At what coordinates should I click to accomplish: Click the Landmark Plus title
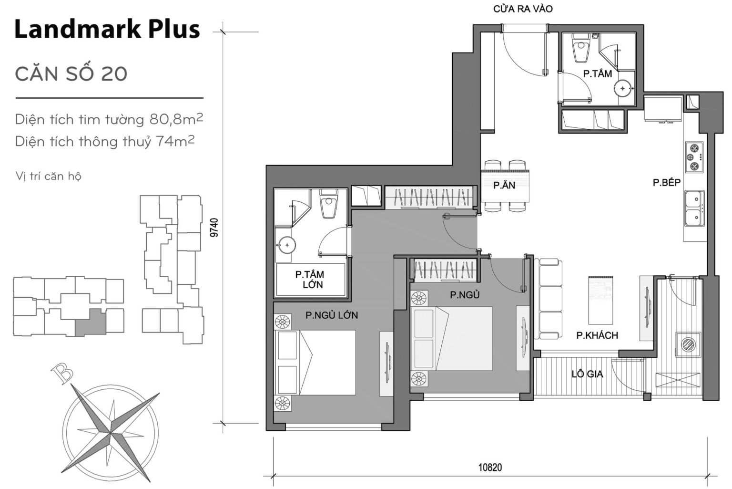click(x=107, y=29)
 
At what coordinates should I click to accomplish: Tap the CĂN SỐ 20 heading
click(x=71, y=74)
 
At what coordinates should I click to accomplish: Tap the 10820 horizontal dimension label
click(x=490, y=468)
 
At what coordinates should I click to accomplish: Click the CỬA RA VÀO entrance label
click(x=523, y=9)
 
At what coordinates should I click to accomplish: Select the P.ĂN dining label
click(x=504, y=185)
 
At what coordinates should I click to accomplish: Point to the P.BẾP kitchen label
click(x=666, y=182)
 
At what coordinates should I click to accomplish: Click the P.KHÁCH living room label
click(x=597, y=335)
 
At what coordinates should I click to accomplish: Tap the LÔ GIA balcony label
click(x=587, y=374)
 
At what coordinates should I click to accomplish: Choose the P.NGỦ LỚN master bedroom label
click(x=332, y=315)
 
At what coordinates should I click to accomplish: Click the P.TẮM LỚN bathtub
click(x=310, y=280)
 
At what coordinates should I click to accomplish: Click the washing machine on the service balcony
click(x=688, y=344)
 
